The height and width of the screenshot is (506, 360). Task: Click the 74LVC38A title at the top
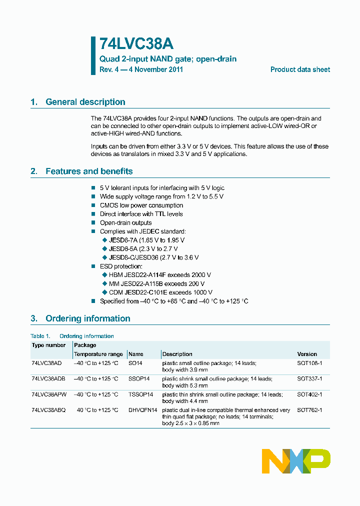click(136, 44)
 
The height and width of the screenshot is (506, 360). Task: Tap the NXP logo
click(296, 461)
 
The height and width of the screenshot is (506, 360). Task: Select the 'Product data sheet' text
click(300, 69)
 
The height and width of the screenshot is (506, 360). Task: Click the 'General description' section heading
click(85, 102)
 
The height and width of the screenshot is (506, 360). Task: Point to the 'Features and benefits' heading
click(89, 171)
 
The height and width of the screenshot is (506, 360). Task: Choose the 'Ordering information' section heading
click(87, 318)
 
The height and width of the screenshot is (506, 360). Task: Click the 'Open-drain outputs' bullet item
click(125, 223)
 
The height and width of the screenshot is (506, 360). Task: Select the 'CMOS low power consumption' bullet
click(141, 205)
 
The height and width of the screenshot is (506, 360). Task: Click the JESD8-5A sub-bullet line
click(143, 248)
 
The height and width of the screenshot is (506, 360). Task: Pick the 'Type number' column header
click(48, 345)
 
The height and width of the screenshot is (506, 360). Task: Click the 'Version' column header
click(307, 354)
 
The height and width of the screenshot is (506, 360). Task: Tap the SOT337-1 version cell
click(309, 379)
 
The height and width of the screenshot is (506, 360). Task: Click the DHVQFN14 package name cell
click(143, 410)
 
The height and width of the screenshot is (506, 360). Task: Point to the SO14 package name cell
click(135, 363)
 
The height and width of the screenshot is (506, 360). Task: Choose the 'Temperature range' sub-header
click(98, 354)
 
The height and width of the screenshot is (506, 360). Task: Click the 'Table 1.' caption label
click(40, 336)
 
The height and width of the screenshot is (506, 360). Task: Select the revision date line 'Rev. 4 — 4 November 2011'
click(141, 69)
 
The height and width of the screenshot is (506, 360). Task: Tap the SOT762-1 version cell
click(309, 410)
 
